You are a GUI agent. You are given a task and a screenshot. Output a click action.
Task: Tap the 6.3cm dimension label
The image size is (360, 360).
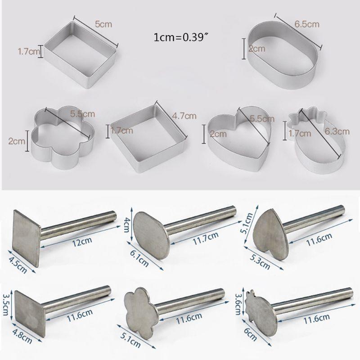(x=338, y=132)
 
